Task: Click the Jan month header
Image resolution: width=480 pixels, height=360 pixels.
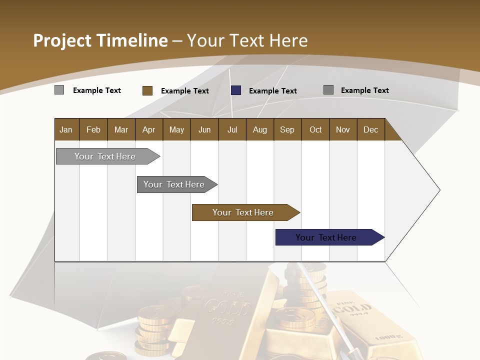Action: pyautogui.click(x=66, y=129)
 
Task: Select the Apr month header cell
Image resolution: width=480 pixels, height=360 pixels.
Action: pyautogui.click(x=149, y=129)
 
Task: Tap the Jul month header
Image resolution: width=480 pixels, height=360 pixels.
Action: pyautogui.click(x=232, y=129)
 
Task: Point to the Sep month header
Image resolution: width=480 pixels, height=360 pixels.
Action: pyautogui.click(x=287, y=129)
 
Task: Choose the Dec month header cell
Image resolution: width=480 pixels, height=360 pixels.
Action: pyautogui.click(x=370, y=129)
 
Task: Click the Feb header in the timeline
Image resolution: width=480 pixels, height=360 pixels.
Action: pyautogui.click(x=93, y=129)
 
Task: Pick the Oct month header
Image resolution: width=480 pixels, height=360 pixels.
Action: pyautogui.click(x=315, y=129)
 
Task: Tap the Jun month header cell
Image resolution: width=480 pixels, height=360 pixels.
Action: pyautogui.click(x=204, y=129)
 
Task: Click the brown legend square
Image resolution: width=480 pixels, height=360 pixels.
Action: pyautogui.click(x=147, y=90)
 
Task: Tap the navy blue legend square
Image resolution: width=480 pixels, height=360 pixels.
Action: pyautogui.click(x=236, y=90)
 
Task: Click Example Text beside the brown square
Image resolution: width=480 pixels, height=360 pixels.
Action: pyautogui.click(x=185, y=91)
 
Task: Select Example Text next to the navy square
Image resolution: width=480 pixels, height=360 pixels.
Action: pyautogui.click(x=273, y=91)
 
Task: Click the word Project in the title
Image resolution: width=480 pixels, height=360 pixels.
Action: pyautogui.click(x=62, y=40)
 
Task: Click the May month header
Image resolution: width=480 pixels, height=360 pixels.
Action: pyautogui.click(x=176, y=129)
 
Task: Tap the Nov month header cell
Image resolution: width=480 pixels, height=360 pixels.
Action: pyautogui.click(x=343, y=129)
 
